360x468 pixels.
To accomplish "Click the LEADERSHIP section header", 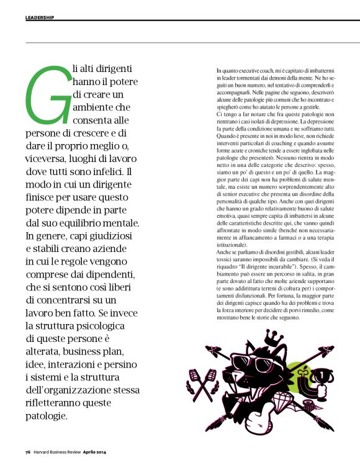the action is click(x=40, y=17).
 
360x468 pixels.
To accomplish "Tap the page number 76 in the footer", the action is click(x=28, y=451).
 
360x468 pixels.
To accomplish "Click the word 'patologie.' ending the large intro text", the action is click(x=52, y=415).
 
